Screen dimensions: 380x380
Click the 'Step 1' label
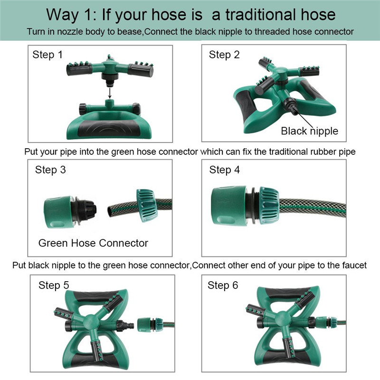point(47,55)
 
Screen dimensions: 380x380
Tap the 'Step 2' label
point(224,55)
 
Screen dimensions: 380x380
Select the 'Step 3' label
point(50,170)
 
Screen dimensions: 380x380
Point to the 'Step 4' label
point(224,170)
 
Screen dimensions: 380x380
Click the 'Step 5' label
point(54,285)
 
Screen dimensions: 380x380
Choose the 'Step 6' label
point(223,285)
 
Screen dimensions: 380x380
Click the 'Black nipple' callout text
point(310,131)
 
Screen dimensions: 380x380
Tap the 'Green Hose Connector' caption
point(93,243)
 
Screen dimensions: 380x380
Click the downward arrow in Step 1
point(110,93)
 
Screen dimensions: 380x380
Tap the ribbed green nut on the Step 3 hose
point(147,206)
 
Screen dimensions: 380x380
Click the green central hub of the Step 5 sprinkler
point(91,323)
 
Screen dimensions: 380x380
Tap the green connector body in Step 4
point(228,206)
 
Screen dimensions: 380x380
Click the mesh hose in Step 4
point(313,208)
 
